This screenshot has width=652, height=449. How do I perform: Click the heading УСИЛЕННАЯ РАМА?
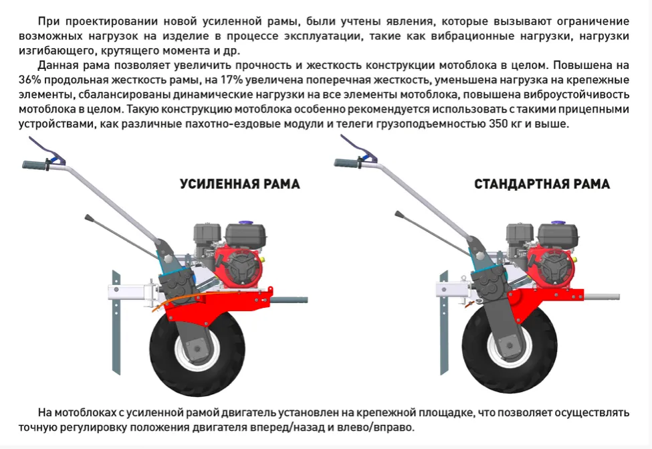239,184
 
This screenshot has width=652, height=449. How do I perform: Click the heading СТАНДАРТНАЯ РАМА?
542,184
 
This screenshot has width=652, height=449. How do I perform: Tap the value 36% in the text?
30,80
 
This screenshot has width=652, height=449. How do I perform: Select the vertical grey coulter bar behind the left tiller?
116,323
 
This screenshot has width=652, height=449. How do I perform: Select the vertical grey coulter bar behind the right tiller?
445,323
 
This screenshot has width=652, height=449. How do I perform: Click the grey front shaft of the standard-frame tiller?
602,297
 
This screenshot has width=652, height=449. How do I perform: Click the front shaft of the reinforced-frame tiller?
290,300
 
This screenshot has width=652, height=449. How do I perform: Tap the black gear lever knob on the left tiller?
89,218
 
